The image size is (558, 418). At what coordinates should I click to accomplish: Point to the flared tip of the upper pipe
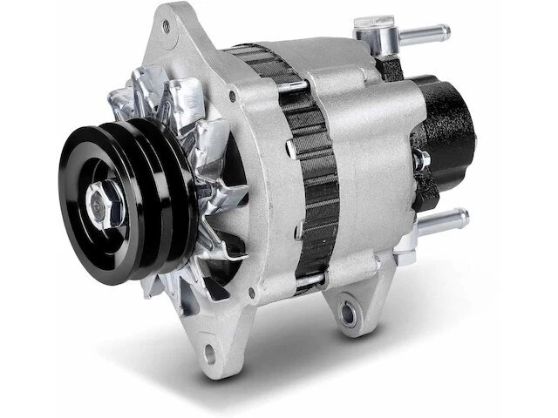point(446,33)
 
